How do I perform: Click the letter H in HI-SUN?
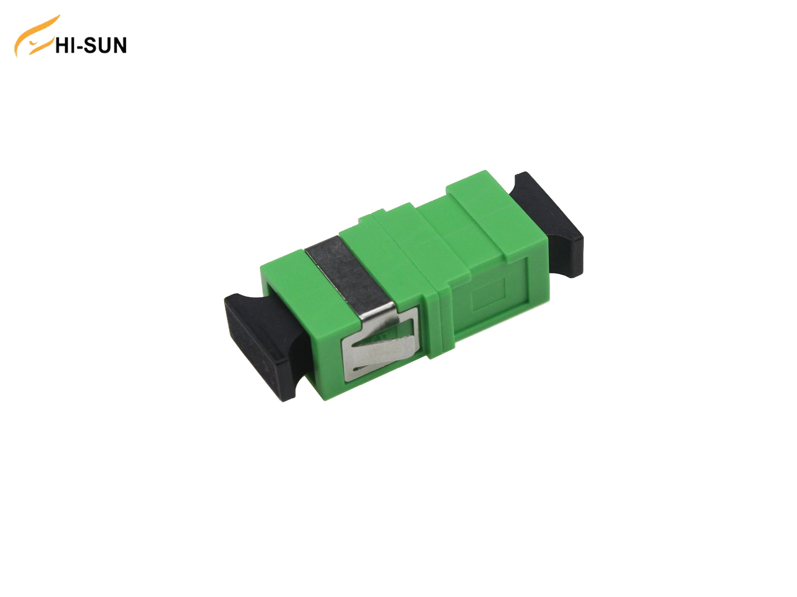click(62, 45)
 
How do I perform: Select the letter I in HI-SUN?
click(73, 45)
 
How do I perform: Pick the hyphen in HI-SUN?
click(80, 47)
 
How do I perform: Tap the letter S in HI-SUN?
click(90, 45)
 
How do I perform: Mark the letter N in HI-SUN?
click(119, 45)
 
